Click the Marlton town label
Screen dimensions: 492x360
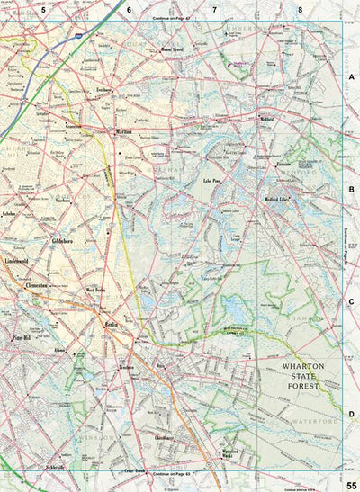(x=124, y=131)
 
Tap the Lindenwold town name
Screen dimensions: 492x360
(x=19, y=259)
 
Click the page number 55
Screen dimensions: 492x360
(x=351, y=487)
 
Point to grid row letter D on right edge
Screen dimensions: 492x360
(x=351, y=414)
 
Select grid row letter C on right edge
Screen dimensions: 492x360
(x=351, y=302)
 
